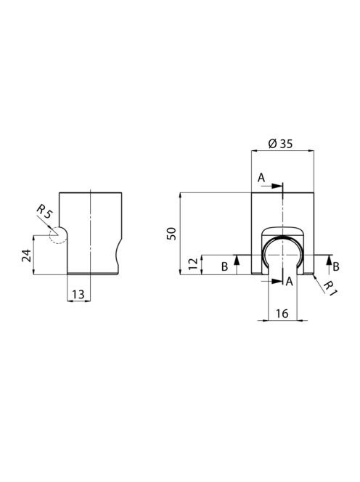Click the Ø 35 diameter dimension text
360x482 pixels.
(280, 144)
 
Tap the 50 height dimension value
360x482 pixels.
(171, 234)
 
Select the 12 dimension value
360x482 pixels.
(194, 264)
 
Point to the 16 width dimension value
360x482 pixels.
(282, 314)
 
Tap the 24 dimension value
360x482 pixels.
(26, 256)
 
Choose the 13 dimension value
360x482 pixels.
(78, 295)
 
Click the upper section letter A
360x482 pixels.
(261, 178)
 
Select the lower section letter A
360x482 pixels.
(289, 281)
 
